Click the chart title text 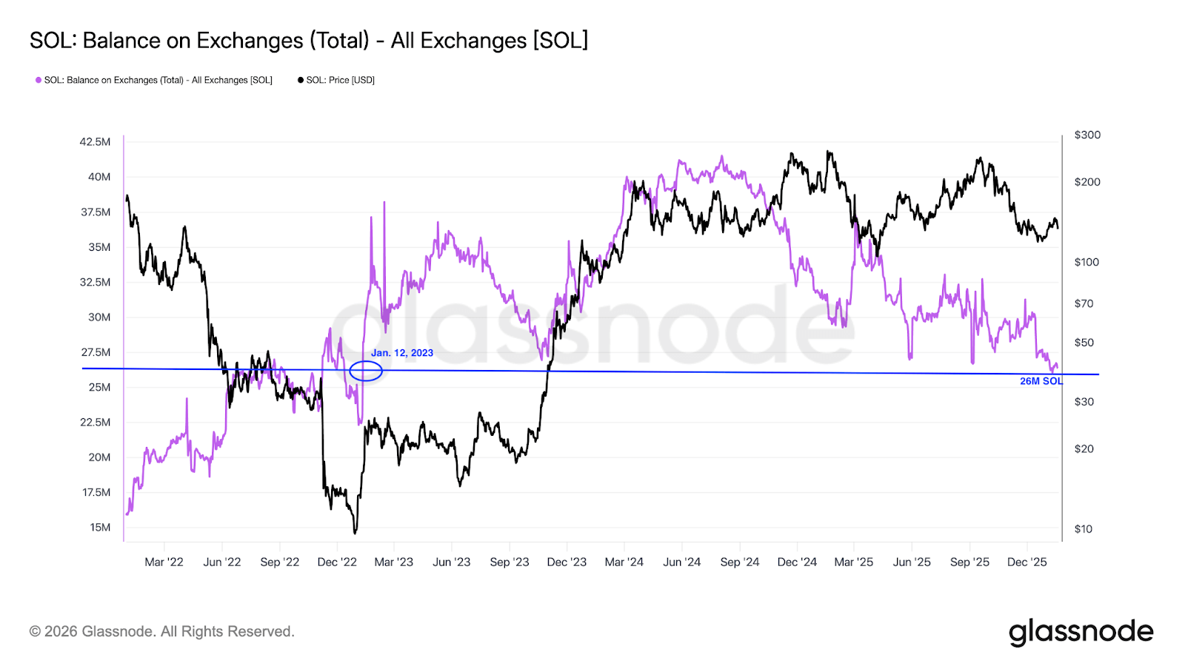pyautogui.click(x=309, y=40)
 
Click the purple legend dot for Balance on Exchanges pyautogui.click(x=39, y=80)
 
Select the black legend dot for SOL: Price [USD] pyautogui.click(x=301, y=80)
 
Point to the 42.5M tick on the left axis pyautogui.click(x=95, y=141)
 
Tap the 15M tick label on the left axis pyautogui.click(x=100, y=528)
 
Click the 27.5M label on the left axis pyautogui.click(x=96, y=352)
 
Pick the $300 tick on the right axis pyautogui.click(x=1086, y=135)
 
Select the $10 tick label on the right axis pyautogui.click(x=1083, y=529)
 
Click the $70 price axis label pyautogui.click(x=1084, y=303)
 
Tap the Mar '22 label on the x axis pyautogui.click(x=164, y=562)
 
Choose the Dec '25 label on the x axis pyautogui.click(x=1027, y=562)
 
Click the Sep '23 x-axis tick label pyautogui.click(x=510, y=562)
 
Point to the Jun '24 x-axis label pyautogui.click(x=681, y=562)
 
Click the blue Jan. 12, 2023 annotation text pyautogui.click(x=402, y=353)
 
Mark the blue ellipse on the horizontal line pyautogui.click(x=366, y=371)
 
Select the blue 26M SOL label pyautogui.click(x=1041, y=381)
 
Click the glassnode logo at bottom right pyautogui.click(x=1081, y=632)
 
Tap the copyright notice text pyautogui.click(x=162, y=632)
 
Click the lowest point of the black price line pyautogui.click(x=355, y=532)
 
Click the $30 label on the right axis pyautogui.click(x=1084, y=402)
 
